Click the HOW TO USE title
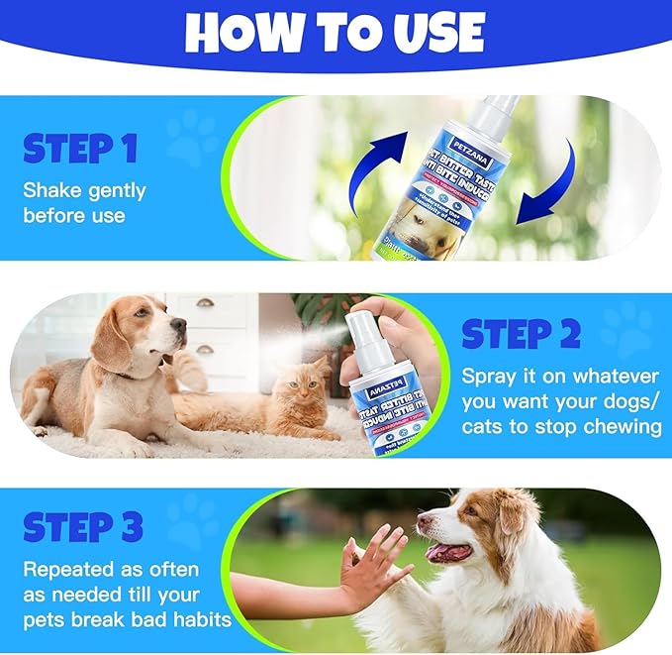(335, 33)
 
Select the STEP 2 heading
(521, 335)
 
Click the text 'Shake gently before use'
(84, 201)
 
